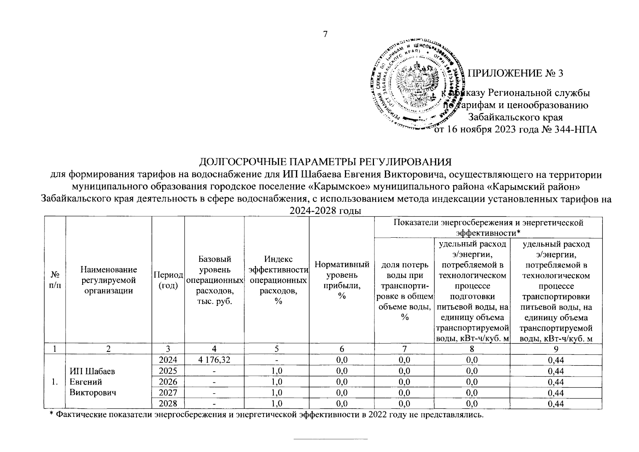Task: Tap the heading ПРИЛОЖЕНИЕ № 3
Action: pos(515,73)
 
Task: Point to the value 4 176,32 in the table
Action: pos(214,360)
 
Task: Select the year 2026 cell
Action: pos(168,382)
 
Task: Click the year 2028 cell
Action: pos(168,404)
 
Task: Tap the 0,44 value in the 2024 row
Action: pos(555,360)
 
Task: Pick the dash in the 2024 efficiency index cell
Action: pos(277,360)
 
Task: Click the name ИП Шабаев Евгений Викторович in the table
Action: pos(93,382)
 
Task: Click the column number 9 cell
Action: pos(555,349)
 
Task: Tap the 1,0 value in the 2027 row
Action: pos(277,393)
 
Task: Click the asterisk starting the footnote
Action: pos(52,414)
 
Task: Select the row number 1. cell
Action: pos(55,382)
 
